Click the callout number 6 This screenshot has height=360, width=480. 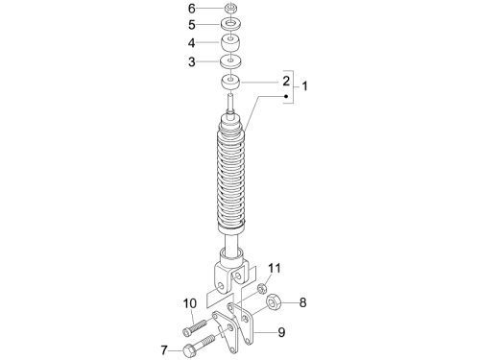191,9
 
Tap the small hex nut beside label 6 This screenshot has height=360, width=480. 229,8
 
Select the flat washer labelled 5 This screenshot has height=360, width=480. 230,24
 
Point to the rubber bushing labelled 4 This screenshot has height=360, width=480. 230,42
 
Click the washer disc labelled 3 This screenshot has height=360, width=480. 230,61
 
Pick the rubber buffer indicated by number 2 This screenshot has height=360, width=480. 230,83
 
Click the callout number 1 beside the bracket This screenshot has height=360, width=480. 304,85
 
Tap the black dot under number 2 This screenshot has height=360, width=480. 286,96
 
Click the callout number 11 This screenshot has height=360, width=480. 275,268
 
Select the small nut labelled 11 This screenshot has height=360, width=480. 261,288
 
